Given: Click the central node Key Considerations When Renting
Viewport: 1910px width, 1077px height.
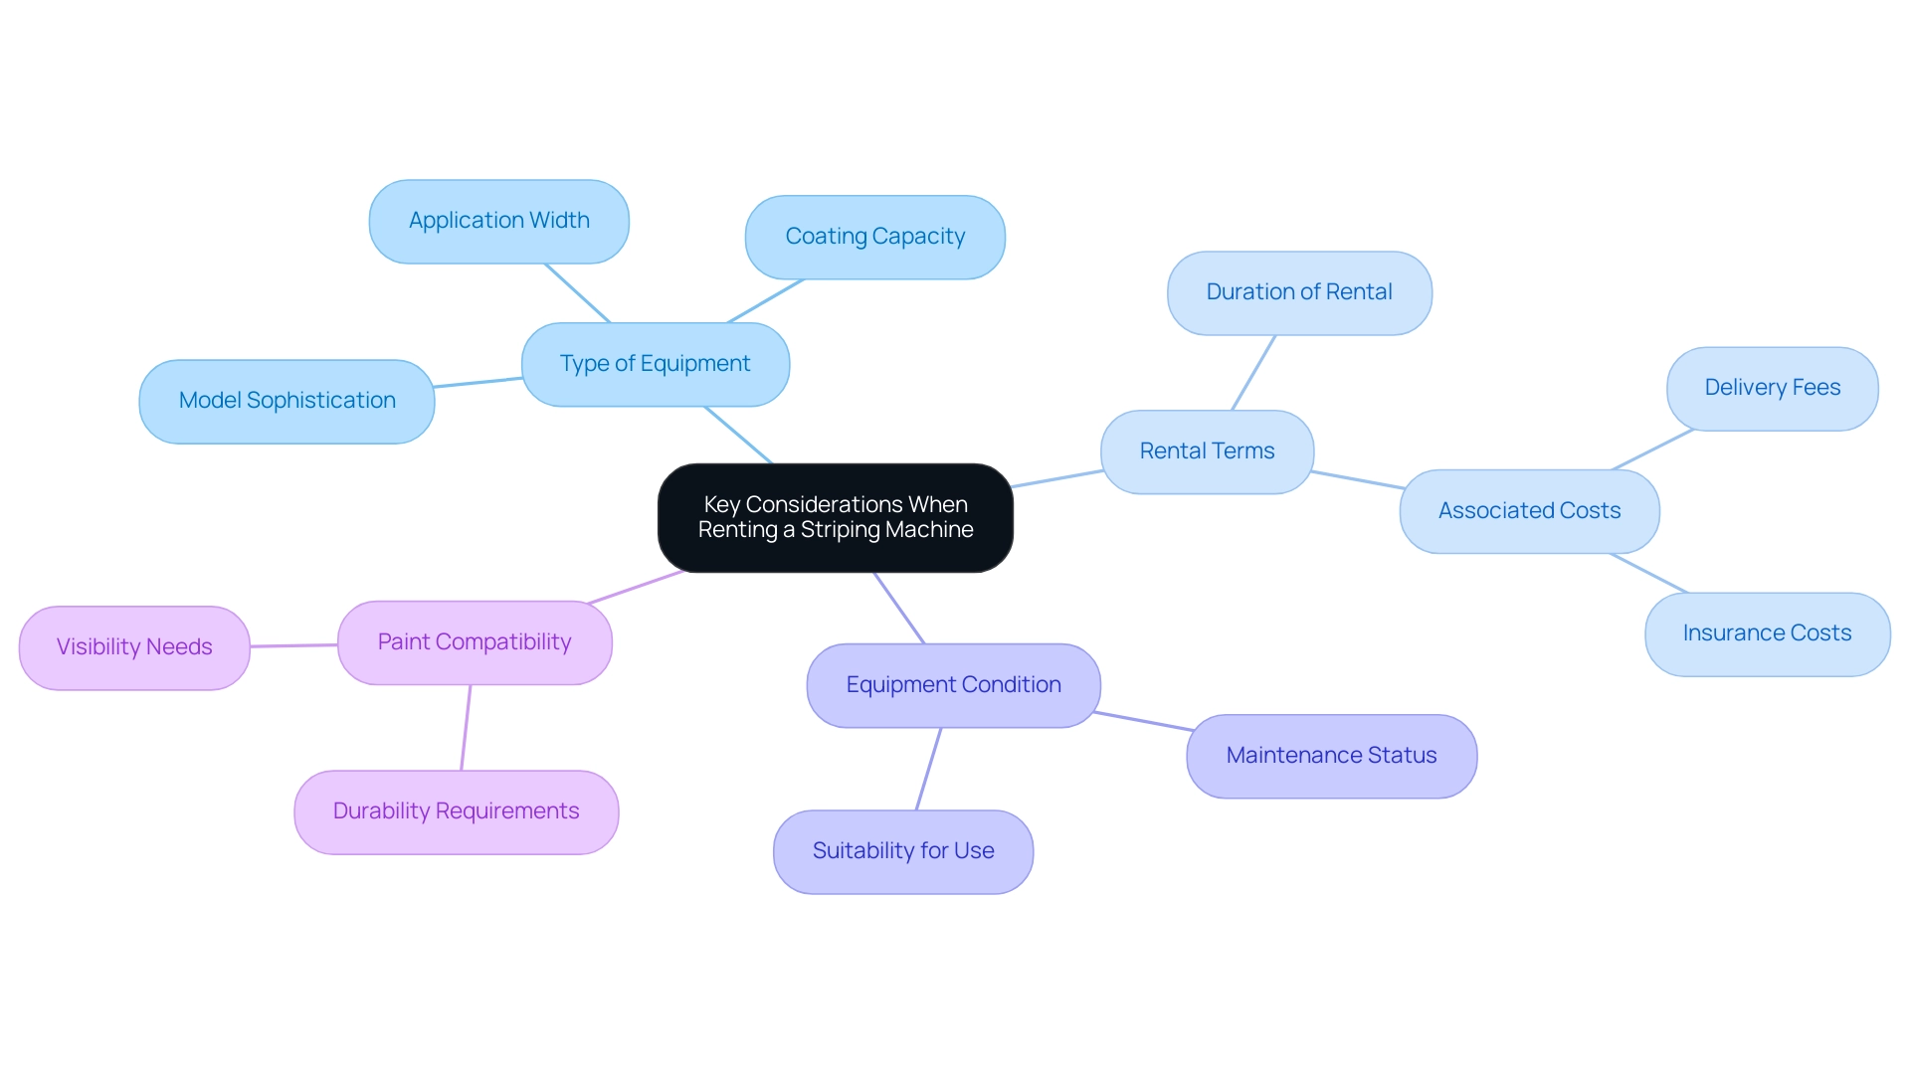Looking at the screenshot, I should pos(835,517).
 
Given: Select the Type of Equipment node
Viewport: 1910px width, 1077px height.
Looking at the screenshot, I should pos(655,364).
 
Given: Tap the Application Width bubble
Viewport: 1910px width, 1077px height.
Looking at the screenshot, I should pos(498,221).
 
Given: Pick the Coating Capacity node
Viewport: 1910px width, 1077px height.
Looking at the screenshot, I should pos(874,237).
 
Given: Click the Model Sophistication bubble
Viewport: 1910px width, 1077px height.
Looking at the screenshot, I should pos(286,401).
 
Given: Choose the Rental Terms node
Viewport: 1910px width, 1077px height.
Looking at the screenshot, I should pos(1207,451).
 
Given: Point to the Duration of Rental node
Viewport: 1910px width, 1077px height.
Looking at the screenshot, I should pos(1298,292).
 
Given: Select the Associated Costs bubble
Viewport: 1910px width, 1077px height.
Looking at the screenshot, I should pos(1529,511).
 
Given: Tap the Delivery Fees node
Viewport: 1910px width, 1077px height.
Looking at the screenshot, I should pos(1772,388).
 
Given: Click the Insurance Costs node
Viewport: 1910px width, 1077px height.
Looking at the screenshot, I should pos(1767,633).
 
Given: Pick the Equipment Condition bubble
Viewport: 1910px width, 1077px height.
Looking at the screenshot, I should pos(953,685).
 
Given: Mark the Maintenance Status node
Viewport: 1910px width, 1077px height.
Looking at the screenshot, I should pos(1331,756).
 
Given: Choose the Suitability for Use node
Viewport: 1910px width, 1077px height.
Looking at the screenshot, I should pos(902,851).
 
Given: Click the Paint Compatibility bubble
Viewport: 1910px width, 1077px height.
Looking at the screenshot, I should pos(475,642).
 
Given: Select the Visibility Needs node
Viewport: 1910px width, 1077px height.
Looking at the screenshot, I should pos(134,647).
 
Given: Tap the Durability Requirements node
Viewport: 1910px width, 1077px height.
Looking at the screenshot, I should pos(456,811).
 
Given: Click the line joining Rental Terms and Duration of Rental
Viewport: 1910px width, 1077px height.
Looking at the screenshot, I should pos(1253,373).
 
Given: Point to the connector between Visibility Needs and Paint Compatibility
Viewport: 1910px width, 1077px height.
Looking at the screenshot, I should pos(293,645).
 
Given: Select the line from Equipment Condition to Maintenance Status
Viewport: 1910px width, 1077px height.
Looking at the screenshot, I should pos(1142,721).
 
